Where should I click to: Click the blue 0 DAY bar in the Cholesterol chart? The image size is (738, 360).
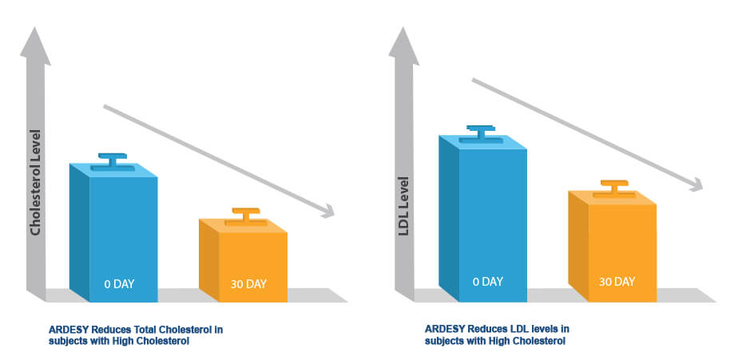pos(113,233)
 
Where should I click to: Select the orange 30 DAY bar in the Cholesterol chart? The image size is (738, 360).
pos(243,261)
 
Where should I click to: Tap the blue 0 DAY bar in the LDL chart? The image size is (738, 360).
pos(483,219)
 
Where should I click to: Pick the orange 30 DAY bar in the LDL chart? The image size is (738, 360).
pos(613,247)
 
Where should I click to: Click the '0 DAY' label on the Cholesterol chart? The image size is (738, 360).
pos(119,283)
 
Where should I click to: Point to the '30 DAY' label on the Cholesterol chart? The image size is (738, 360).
pos(248,283)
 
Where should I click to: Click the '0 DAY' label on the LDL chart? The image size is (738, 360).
pos(488,282)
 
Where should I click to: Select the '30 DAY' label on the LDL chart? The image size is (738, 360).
pos(617,282)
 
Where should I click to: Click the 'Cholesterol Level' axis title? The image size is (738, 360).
pos(35,182)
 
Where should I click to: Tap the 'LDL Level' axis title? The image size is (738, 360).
pos(404,206)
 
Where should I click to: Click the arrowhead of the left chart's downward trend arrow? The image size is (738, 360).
pos(327,211)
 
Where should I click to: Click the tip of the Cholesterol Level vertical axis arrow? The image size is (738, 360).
pos(35,27)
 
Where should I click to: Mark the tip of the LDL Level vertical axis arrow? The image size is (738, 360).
pos(403,27)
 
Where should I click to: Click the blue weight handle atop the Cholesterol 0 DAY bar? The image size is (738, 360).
pos(113,161)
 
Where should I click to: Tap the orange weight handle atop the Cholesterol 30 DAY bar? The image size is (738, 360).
pos(246,216)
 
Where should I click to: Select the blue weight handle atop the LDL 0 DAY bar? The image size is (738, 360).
pos(481,133)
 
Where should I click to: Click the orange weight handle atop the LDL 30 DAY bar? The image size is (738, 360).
pos(614,188)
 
